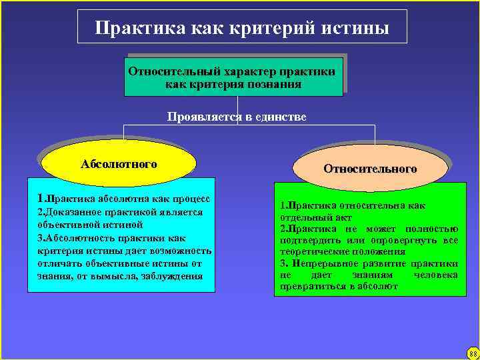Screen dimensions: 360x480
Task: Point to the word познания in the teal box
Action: [273, 85]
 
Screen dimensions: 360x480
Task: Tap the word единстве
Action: [280, 117]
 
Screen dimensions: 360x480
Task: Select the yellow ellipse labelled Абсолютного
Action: [119, 164]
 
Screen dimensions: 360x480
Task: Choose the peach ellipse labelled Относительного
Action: [370, 169]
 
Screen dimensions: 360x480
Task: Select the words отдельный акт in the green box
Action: [313, 217]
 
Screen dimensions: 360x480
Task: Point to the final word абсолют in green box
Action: [378, 286]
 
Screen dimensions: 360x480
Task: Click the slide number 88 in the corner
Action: [472, 353]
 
